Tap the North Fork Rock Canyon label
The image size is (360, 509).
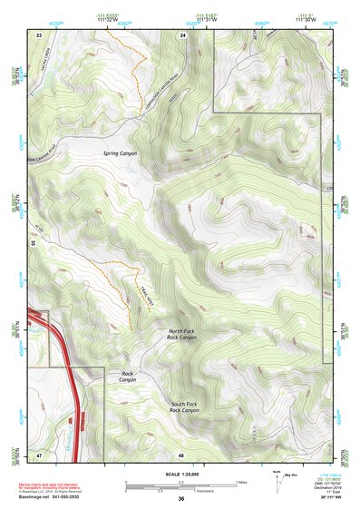pos(182,335)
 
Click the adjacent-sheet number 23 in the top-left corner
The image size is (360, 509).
pos(39,34)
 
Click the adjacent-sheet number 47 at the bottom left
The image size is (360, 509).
pos(39,454)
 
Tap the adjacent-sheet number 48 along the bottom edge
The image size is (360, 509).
pos(181,454)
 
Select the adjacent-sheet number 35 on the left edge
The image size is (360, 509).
pos(33,243)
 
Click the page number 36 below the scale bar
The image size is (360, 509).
pos(181,499)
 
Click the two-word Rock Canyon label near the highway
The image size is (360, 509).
pos(128,377)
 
